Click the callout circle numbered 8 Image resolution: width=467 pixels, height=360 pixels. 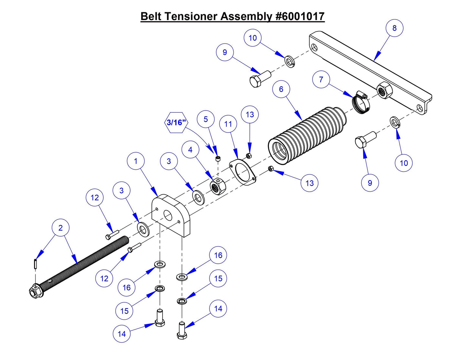(394, 28)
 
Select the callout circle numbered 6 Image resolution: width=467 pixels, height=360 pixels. (281, 89)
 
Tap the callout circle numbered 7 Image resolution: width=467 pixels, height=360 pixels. (321, 79)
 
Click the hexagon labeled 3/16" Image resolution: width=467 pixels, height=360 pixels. (176, 122)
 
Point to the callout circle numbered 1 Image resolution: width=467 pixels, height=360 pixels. (135, 161)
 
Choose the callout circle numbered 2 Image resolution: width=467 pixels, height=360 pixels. (60, 228)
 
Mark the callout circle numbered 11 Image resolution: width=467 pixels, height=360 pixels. (228, 124)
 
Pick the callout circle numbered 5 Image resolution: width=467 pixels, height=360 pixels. (206, 119)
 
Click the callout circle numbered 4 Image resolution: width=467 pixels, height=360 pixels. (190, 150)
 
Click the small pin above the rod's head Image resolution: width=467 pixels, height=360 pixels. (35, 263)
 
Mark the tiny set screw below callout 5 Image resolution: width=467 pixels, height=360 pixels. (218, 158)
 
